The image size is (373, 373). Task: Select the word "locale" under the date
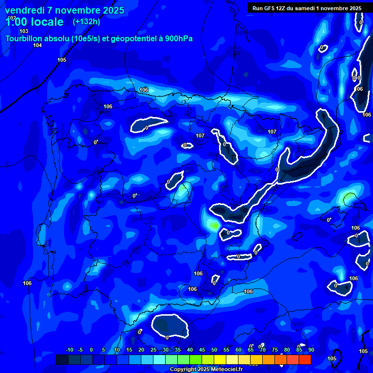46,22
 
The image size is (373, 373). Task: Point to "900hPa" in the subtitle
185,38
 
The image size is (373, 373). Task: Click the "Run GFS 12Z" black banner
306,8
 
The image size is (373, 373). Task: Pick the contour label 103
24,31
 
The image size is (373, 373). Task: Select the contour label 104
37,45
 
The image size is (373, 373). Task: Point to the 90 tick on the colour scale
311,350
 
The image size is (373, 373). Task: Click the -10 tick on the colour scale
69,350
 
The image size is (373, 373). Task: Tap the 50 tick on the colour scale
214,350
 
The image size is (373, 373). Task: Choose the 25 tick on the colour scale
153,350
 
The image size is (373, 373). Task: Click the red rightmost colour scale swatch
305,359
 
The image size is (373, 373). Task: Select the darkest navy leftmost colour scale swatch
62,359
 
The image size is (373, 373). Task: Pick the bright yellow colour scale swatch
220,359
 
